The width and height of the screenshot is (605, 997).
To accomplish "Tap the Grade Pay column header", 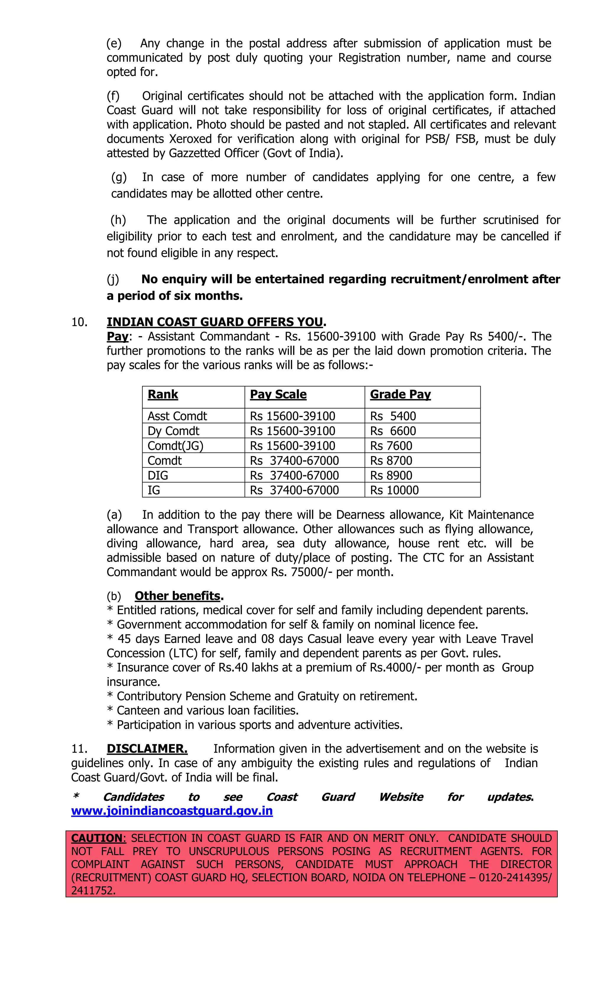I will click(x=400, y=395).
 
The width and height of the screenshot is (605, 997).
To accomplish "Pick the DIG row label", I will click(x=158, y=475).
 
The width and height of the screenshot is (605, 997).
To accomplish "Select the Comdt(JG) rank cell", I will click(x=175, y=446).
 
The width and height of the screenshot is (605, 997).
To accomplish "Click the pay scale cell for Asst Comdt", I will click(x=292, y=416).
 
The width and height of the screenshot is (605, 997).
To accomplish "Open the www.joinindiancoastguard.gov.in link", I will click(x=172, y=811).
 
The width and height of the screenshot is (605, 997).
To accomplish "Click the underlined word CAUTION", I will click(x=97, y=838).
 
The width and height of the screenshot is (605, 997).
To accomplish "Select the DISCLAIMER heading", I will click(x=147, y=749).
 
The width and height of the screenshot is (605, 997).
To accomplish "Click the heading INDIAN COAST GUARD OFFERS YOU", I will click(x=215, y=322).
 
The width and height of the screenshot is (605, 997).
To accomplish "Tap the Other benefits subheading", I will click(x=178, y=596).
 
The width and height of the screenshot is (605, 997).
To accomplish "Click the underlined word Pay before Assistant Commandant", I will click(x=117, y=337).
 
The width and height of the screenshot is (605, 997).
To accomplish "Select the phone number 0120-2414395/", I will click(x=515, y=878).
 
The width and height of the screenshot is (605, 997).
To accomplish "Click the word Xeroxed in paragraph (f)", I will click(x=191, y=139).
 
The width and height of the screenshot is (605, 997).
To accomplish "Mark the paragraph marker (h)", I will click(x=118, y=220).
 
